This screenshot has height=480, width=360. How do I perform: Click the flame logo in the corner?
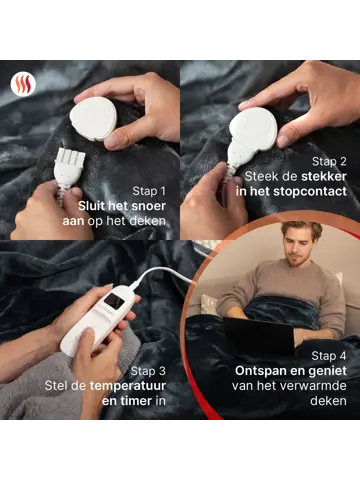[x=23, y=85]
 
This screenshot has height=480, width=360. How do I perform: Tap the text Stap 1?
[x=149, y=191]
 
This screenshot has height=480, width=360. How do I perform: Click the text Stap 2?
[x=329, y=162]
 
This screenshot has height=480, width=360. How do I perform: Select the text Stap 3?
[x=148, y=371]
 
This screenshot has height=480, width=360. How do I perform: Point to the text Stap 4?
[x=329, y=356]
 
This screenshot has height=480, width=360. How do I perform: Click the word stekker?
[x=323, y=176]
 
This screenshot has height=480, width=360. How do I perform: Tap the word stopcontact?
[x=310, y=192]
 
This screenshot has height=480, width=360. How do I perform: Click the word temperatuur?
[x=128, y=386]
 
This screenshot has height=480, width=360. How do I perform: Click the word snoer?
[x=148, y=206]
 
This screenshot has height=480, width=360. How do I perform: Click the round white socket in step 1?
[x=93, y=118]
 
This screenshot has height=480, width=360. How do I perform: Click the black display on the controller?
[x=114, y=301]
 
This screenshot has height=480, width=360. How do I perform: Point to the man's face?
[x=300, y=246]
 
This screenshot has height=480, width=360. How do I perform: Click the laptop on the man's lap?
[x=259, y=335]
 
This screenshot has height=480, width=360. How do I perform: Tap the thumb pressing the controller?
[x=87, y=343]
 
